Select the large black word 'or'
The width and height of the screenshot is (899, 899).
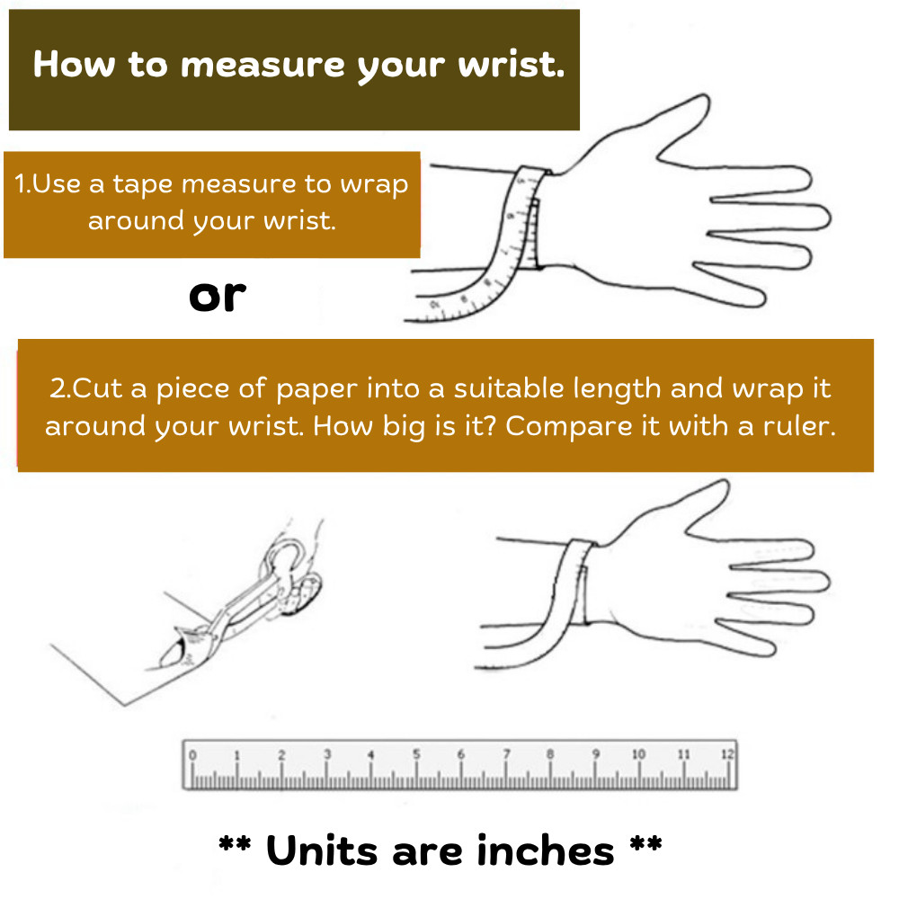coord(218,297)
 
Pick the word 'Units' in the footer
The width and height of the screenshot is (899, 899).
coord(322,850)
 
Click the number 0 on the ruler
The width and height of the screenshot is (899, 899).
coord(192,755)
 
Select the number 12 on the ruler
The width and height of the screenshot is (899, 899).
coord(727,753)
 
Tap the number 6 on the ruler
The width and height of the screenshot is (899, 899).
coord(461,754)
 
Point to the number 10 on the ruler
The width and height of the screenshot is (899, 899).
coord(638,754)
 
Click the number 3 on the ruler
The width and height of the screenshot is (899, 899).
coord(327,754)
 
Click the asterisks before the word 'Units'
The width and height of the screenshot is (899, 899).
coord(235,843)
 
